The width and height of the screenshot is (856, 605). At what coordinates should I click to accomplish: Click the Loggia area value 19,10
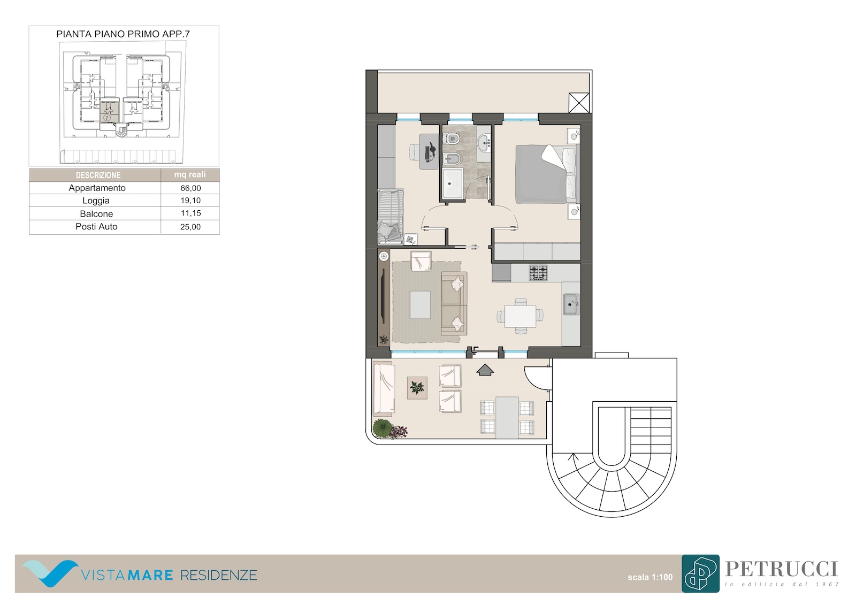[x=190, y=200]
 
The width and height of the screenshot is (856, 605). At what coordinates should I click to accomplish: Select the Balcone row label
[x=96, y=213]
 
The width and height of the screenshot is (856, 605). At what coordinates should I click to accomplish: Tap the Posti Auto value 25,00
[x=190, y=227]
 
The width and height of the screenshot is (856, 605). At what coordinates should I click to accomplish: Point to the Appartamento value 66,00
[x=190, y=188]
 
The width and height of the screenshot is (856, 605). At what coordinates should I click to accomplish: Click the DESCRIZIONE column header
[x=98, y=175]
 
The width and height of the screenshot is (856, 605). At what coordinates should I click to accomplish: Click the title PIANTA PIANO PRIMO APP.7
[x=123, y=34]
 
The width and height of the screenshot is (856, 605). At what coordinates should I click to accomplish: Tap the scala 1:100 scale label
[x=650, y=577]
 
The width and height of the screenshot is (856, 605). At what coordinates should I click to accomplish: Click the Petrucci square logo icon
[x=700, y=573]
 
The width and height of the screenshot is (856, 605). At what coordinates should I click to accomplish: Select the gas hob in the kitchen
[x=538, y=273]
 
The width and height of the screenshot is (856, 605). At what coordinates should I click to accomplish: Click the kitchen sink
[x=571, y=304]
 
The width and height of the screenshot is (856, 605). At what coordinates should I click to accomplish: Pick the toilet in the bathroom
[x=451, y=139]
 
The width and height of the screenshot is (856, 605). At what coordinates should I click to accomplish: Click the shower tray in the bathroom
[x=453, y=184]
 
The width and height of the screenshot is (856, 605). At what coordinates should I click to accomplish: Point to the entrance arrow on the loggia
[x=485, y=370]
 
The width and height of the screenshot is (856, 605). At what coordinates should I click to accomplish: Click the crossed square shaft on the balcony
[x=579, y=103]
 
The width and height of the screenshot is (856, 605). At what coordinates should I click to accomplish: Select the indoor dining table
[x=520, y=316]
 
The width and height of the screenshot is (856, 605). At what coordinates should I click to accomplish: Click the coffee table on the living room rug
[x=420, y=304]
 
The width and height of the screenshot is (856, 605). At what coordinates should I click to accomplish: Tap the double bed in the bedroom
[x=547, y=174]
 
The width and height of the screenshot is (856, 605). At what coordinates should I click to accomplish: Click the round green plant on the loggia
[x=382, y=427]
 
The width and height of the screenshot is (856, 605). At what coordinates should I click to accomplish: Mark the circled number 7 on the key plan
[x=106, y=118]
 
